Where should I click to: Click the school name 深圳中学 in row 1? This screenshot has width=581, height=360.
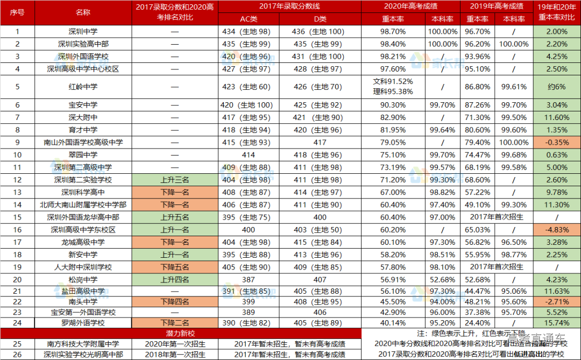(83, 32)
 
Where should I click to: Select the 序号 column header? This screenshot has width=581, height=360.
(18, 13)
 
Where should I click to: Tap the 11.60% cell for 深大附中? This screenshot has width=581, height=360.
(557, 117)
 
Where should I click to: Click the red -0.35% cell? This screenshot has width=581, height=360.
(557, 143)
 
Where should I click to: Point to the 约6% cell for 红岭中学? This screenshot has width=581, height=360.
(557, 87)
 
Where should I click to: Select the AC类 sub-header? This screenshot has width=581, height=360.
(248, 19)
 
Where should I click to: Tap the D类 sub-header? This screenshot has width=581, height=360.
(319, 19)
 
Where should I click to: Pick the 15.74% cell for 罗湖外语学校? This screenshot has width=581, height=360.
(557, 323)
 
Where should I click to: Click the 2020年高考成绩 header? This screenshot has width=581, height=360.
(410, 6)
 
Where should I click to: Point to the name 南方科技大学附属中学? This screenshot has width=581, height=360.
(83, 344)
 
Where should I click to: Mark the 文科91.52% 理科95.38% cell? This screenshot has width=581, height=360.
(393, 87)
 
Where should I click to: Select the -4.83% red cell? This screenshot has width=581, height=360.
(557, 230)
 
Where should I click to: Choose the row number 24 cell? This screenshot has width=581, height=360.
(18, 323)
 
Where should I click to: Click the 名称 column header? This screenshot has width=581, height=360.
(83, 13)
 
